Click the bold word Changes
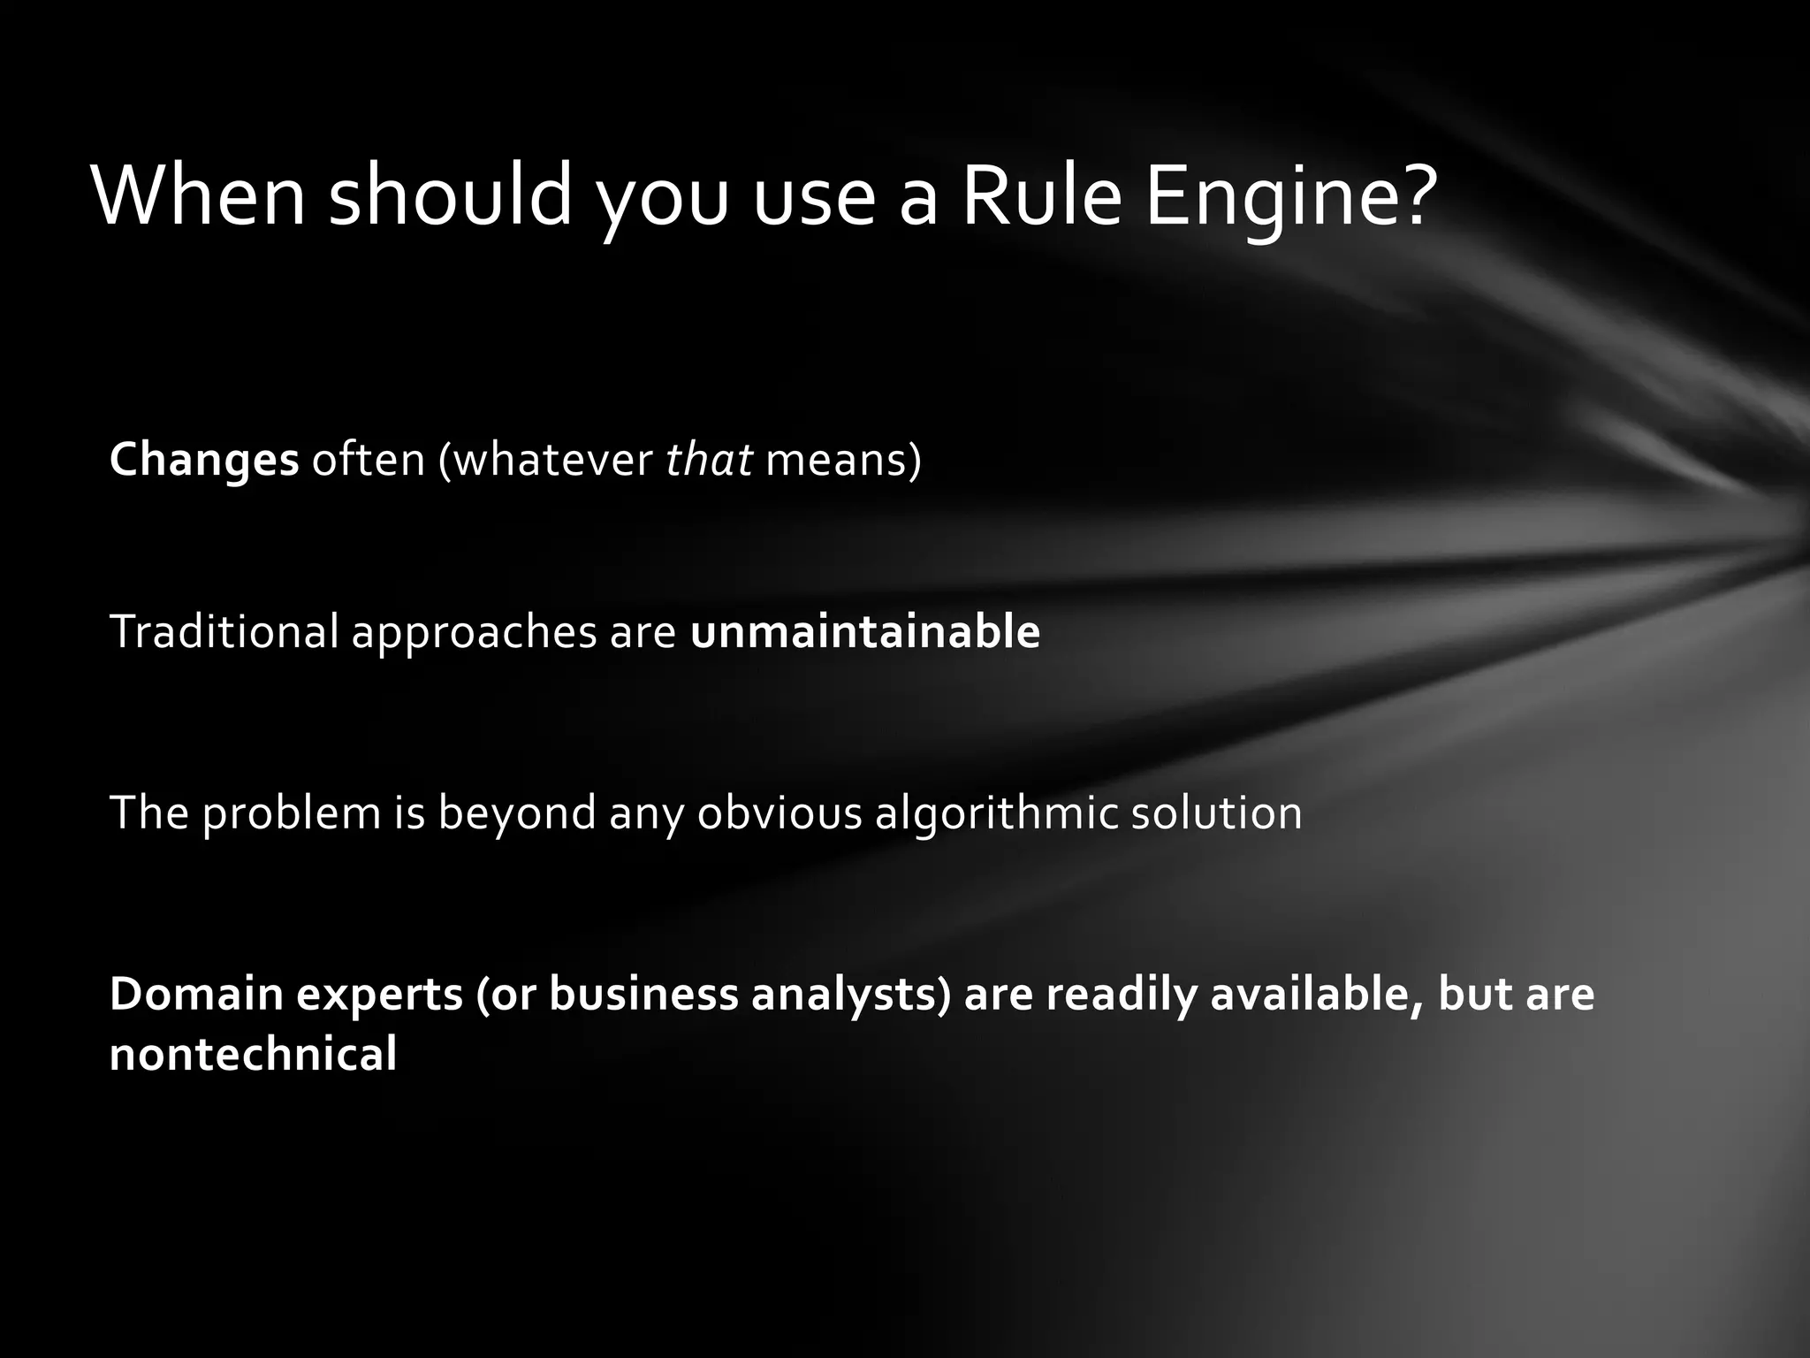pyautogui.click(x=204, y=461)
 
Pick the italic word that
pyautogui.click(x=709, y=459)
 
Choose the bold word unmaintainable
pyautogui.click(x=865, y=632)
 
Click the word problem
pyautogui.click(x=292, y=814)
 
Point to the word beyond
pyautogui.click(x=517, y=813)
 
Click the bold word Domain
pyautogui.click(x=197, y=994)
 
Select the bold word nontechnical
pyautogui.click(x=253, y=1055)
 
